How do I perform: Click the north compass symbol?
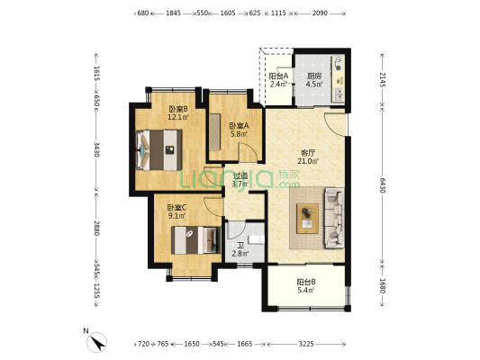coord(96,342)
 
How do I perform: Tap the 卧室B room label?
coord(177,109)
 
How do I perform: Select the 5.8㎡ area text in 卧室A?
coord(239,134)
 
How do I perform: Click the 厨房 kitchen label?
coord(314,76)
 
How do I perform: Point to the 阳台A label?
coord(278,76)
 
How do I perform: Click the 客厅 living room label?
coord(308,153)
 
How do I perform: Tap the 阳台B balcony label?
coord(306,282)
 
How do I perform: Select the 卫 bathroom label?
coord(241,246)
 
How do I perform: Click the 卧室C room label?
coord(177,208)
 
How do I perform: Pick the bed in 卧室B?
coord(158,150)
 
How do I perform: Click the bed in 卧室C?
coord(196,240)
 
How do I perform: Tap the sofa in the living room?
coord(334,218)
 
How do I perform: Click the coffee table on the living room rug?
coord(308,219)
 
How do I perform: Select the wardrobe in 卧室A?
coord(214,132)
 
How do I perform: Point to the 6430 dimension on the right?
coord(382,184)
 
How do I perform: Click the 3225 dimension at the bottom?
coord(306,344)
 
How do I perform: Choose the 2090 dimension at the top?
coord(320,13)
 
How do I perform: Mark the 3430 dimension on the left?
coord(96,149)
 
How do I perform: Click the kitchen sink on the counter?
coord(340,94)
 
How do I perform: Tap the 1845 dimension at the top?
coord(173,13)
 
